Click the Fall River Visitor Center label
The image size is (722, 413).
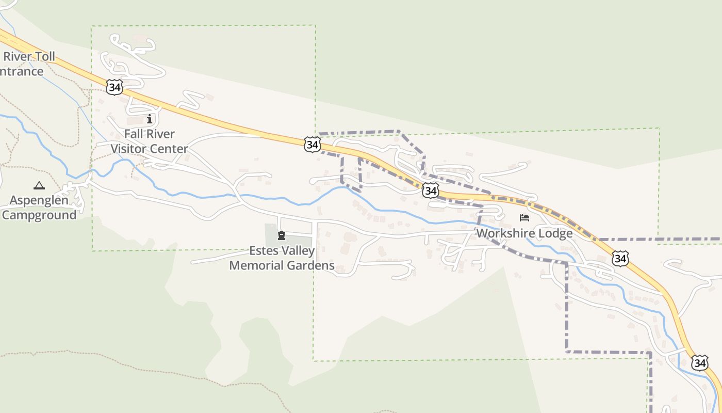[x=150, y=141]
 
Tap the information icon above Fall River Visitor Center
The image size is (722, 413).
[x=150, y=119]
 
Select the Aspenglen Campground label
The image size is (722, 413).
[x=39, y=208]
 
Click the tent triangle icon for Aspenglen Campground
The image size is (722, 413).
[x=39, y=185]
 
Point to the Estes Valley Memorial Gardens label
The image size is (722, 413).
[x=282, y=258]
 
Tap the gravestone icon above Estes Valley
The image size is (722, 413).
[x=282, y=236]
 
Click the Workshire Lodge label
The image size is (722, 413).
[x=524, y=233]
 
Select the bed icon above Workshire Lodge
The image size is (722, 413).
[x=524, y=218]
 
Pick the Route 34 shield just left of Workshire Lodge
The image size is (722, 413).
[x=431, y=191]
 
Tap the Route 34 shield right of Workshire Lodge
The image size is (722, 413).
[x=620, y=258]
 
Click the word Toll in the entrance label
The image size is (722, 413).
[x=43, y=57]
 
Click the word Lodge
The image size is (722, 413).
[x=555, y=233]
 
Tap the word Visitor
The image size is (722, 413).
[x=129, y=149]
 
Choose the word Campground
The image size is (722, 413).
[x=39, y=215]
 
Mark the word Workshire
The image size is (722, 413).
[x=506, y=233]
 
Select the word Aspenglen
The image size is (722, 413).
[x=39, y=200]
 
